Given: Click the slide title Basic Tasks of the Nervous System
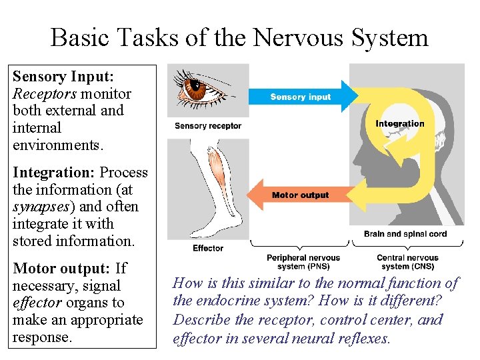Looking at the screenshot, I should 239,37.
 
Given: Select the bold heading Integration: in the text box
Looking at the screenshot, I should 54,173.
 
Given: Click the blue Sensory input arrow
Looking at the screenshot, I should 300,97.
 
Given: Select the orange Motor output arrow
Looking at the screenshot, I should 300,195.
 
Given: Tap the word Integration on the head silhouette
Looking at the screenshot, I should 399,123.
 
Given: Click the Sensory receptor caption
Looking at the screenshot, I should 208,126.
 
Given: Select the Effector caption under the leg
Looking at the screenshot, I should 208,248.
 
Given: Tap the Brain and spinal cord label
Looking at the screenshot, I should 405,234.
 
